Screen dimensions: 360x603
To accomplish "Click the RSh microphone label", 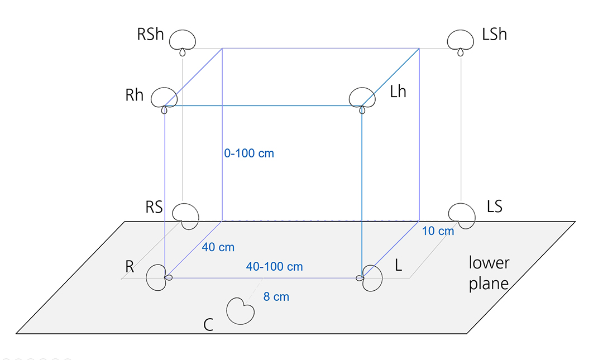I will (x=151, y=34).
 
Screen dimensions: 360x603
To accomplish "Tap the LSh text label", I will (x=494, y=34).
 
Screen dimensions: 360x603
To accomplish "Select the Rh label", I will (x=135, y=95).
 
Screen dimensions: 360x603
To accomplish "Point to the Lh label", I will (x=398, y=92).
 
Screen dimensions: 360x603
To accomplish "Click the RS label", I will (x=154, y=207).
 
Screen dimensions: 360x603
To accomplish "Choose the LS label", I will (x=495, y=207).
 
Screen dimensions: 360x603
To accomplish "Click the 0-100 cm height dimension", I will (x=249, y=153).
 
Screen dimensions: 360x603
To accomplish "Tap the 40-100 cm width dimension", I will (x=274, y=267).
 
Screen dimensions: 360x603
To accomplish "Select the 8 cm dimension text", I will (x=276, y=297).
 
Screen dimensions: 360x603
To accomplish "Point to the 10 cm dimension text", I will (x=438, y=231).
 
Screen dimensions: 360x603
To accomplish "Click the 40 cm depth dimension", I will (x=218, y=247).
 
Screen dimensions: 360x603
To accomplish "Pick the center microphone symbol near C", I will (x=241, y=310).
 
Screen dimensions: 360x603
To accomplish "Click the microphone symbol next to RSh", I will (x=183, y=40).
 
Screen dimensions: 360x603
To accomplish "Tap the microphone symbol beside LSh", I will (x=460, y=40).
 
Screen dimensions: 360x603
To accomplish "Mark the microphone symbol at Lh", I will (x=362, y=98).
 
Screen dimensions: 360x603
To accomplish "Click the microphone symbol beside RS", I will (x=185, y=214).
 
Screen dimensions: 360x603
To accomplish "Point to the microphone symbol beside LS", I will (x=462, y=214).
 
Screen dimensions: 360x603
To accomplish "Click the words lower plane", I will (x=489, y=273).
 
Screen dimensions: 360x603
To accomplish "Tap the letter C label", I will (x=208, y=325).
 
